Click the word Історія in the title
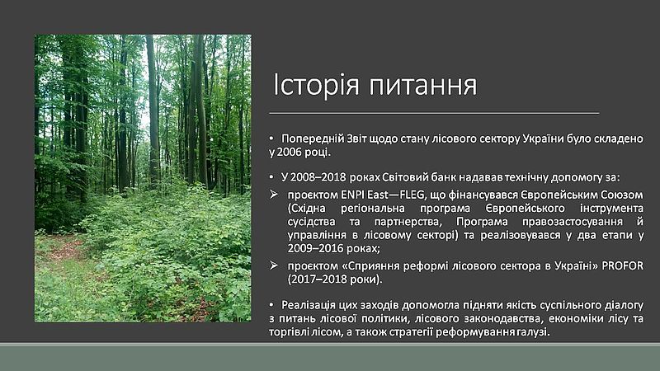[x=316, y=85]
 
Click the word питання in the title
[x=423, y=86]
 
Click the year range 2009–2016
[x=316, y=248]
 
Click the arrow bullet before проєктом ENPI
[x=274, y=195]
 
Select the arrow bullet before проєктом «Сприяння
[x=274, y=265]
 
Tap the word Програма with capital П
[x=482, y=222]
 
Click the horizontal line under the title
[x=434, y=113]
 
